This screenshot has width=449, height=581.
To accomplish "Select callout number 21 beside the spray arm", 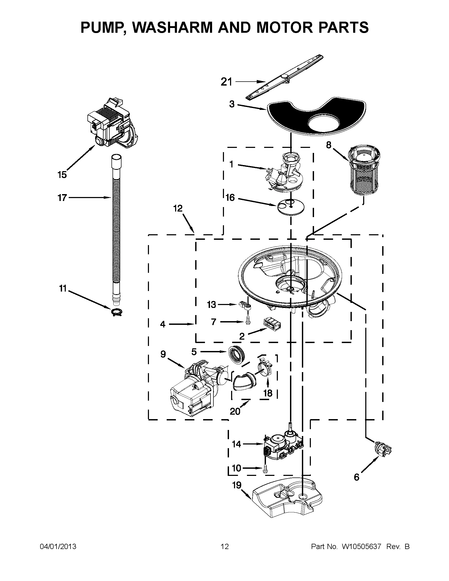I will [x=226, y=82].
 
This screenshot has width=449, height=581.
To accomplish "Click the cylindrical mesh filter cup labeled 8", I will [x=364, y=171].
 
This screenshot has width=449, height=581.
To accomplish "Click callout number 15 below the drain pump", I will [x=62, y=175].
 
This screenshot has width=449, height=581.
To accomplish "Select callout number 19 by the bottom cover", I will [x=237, y=485].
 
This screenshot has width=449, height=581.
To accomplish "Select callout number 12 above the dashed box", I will [x=178, y=208].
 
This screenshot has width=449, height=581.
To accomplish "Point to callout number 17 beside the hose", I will [x=62, y=198].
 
